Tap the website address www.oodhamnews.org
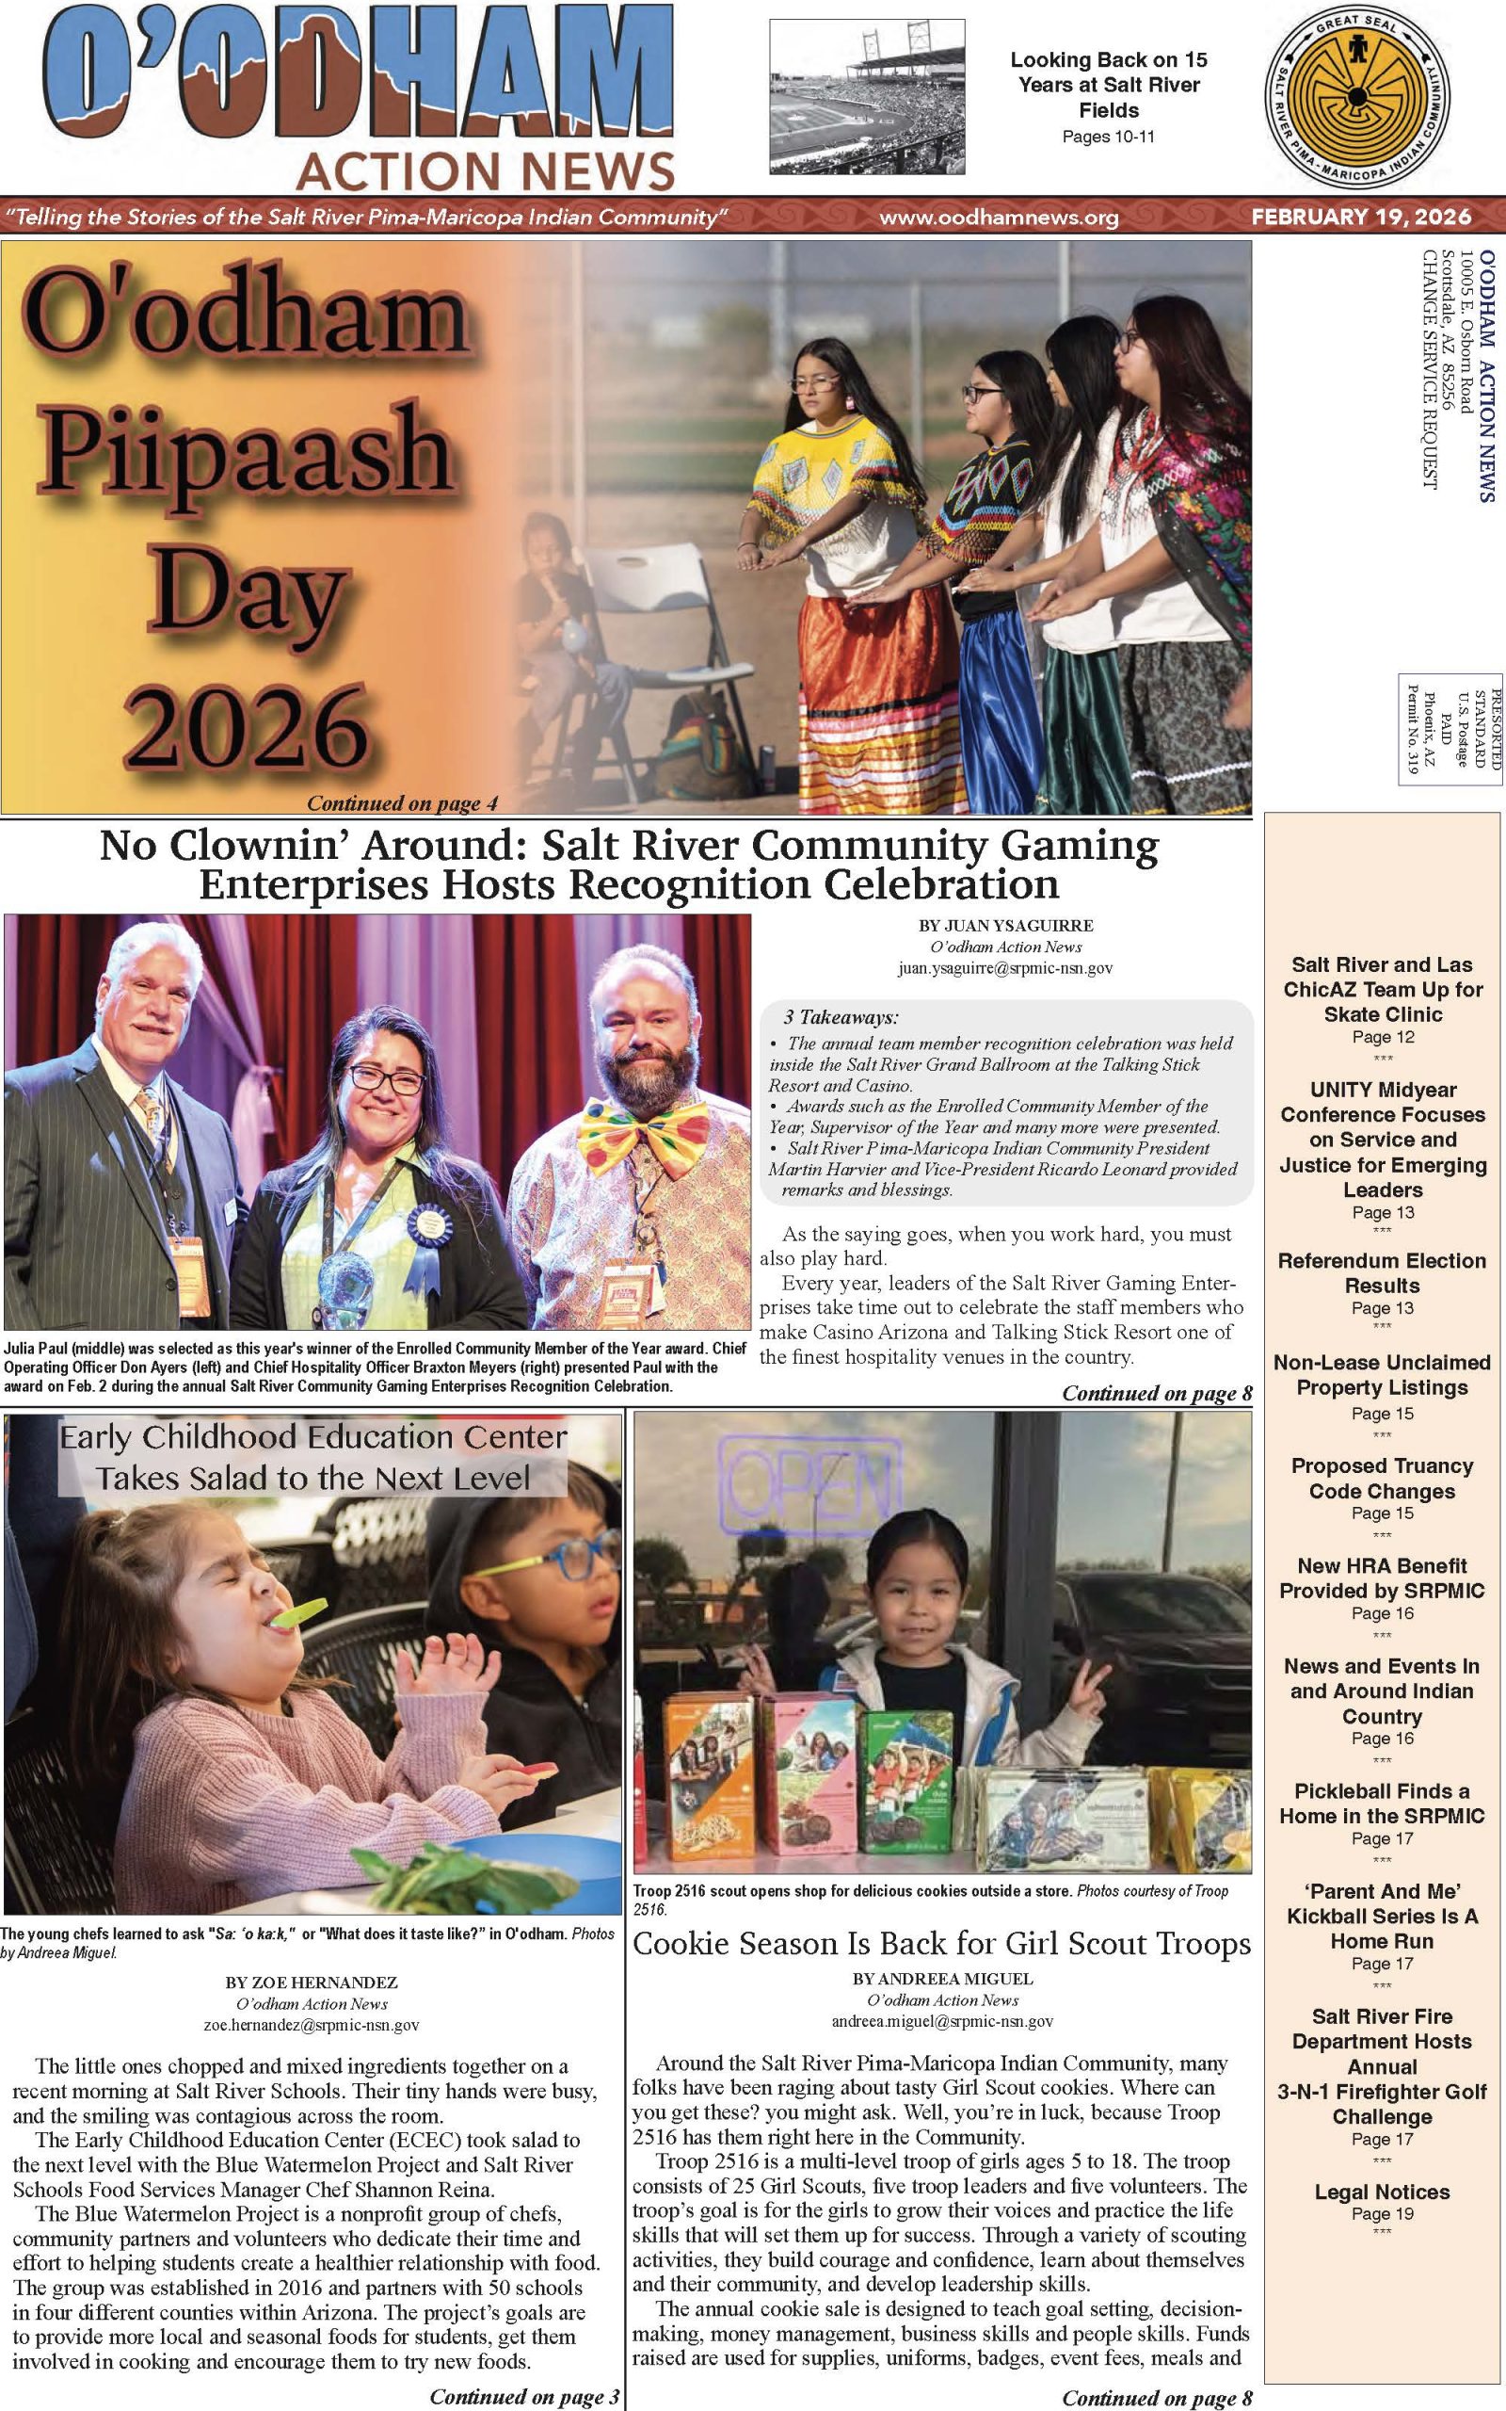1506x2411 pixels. pos(998,218)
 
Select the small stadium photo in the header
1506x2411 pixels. pos(867,97)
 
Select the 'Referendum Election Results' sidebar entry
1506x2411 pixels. pos(1382,1272)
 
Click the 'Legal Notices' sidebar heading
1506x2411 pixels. pos(1382,2191)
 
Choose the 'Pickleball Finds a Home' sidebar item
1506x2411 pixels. pos(1382,1803)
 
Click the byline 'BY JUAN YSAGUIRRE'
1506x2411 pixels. pos(1005,926)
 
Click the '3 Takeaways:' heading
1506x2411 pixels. pos(841,1017)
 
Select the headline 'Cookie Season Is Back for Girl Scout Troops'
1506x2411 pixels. pos(941,1943)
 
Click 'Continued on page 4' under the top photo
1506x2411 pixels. pos(401,803)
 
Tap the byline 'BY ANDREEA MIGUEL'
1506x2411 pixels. pos(942,1978)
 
